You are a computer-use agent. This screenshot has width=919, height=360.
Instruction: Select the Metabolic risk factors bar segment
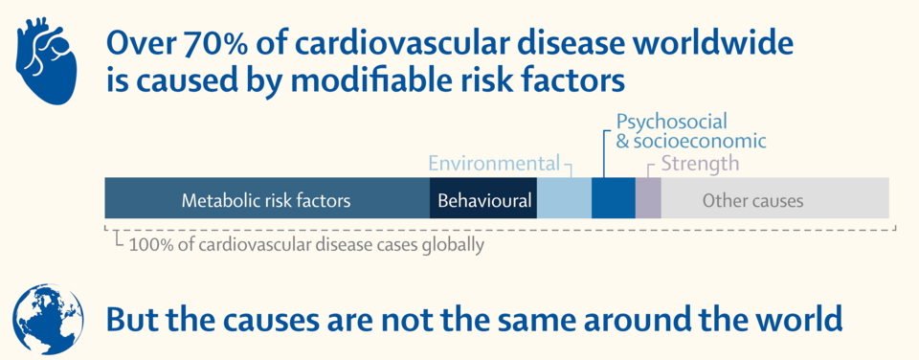267,198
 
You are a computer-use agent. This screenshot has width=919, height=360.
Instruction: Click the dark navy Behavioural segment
482,198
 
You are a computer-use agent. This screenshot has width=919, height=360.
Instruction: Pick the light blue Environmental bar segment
564,198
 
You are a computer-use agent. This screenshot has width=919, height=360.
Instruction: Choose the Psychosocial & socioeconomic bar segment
613,198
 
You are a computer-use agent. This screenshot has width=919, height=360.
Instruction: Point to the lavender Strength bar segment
648,198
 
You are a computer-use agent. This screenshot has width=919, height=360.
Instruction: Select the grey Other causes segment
774,198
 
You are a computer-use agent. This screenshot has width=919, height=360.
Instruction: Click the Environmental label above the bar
494,163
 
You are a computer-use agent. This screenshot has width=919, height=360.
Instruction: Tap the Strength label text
701,163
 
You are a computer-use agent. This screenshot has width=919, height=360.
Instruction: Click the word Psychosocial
672,122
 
